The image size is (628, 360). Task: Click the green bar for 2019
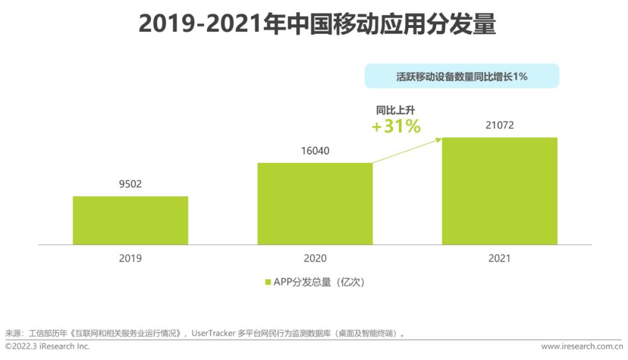[130, 220]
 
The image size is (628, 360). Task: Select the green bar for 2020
[315, 204]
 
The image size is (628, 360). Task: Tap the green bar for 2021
[499, 191]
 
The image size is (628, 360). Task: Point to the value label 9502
[130, 184]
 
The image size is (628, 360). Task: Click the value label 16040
[315, 151]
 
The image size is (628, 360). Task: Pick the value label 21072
[499, 125]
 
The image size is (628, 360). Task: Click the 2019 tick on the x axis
[130, 258]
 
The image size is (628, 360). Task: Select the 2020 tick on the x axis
[315, 258]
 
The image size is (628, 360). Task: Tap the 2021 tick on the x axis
[499, 258]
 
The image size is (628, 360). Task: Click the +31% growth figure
[396, 126]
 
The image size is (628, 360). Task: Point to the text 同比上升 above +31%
[395, 110]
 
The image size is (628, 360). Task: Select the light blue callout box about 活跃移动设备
[462, 76]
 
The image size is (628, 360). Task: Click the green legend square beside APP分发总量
[268, 283]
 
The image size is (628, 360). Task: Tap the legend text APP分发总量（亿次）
[319, 283]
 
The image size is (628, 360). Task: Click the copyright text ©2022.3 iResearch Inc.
[48, 347]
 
